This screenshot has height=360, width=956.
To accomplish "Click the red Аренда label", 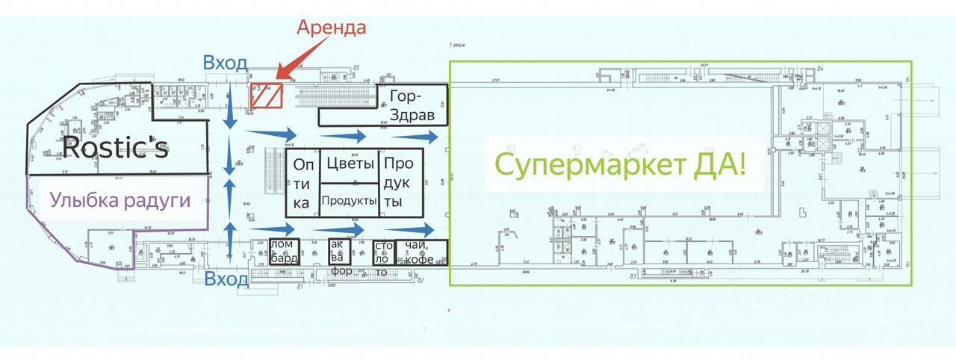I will pyautogui.click(x=332, y=28).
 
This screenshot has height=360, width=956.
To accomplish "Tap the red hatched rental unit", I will pyautogui.click(x=265, y=96).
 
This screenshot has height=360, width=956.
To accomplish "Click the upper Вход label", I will pyautogui.click(x=225, y=63).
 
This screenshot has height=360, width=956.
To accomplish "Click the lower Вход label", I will pyautogui.click(x=226, y=280).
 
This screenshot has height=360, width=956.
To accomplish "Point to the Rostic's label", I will pyautogui.click(x=114, y=148).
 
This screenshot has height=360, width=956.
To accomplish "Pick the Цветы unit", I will pyautogui.click(x=349, y=164).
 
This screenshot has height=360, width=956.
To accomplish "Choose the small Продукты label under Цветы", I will pyautogui.click(x=349, y=200).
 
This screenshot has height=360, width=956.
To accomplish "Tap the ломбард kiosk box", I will pyautogui.click(x=284, y=252).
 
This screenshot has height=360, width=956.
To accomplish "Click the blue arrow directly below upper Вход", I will pyautogui.click(x=231, y=112).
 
